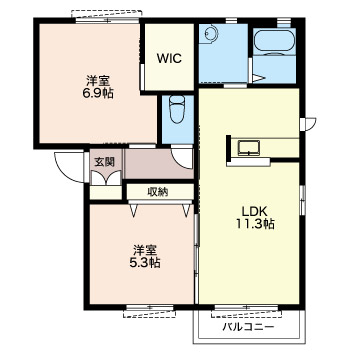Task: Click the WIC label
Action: tap(169, 59)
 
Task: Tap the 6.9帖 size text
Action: tap(98, 93)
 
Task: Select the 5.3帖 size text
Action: tap(145, 263)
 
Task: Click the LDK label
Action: tap(255, 211)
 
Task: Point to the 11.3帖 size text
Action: tap(255, 224)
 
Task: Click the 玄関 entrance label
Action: tap(104, 162)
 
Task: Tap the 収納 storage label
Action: tap(158, 192)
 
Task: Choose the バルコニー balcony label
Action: tap(249, 327)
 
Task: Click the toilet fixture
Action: tap(177, 109)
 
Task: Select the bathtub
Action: tap(274, 42)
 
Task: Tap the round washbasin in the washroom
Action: tap(211, 33)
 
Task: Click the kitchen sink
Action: tap(249, 148)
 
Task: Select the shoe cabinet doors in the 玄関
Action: tap(106, 178)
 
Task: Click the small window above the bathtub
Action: tap(284, 21)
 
